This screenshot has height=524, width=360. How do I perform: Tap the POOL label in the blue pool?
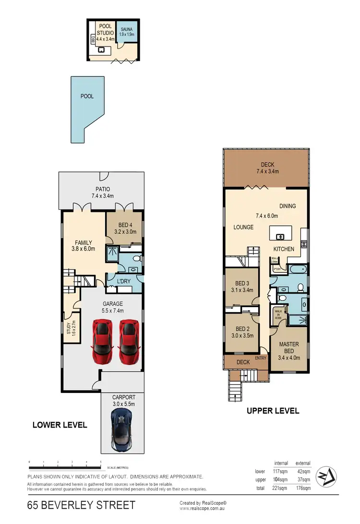(x=87, y=96)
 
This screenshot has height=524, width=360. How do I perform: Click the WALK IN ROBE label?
(x=278, y=317)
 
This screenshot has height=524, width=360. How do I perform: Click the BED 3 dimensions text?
(x=242, y=290)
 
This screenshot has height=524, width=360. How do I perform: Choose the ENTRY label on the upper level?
(x=261, y=358)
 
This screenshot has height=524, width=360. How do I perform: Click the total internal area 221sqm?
(x=280, y=487)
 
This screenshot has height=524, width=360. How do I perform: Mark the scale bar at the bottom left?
(x=65, y=467)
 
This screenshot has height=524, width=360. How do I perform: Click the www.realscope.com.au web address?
(x=203, y=508)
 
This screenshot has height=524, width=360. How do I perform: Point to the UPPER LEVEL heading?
(x=273, y=411)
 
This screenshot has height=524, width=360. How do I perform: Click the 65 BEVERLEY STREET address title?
(x=81, y=505)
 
